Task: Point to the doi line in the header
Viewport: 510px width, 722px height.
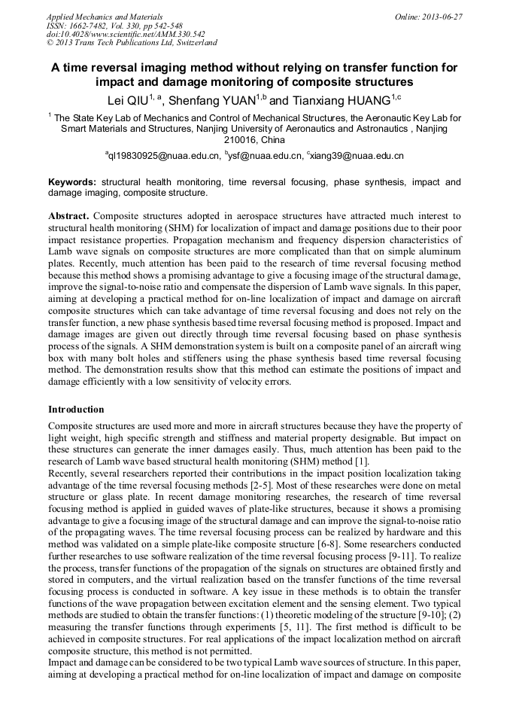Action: pyautogui.click(x=126, y=34)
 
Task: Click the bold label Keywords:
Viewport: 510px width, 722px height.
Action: pyautogui.click(x=72, y=182)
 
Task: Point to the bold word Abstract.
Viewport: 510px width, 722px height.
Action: pyautogui.click(x=68, y=215)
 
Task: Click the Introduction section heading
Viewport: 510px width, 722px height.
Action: pyautogui.click(x=76, y=410)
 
